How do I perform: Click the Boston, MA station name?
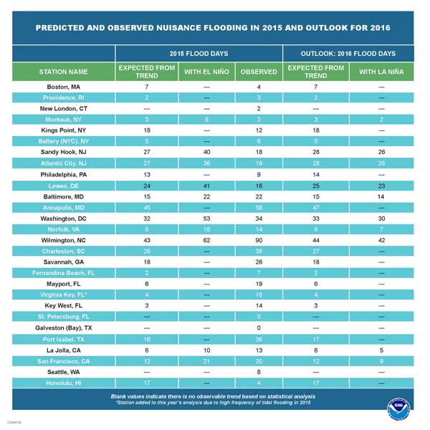[x=64, y=87]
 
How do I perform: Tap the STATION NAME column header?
[x=64, y=72]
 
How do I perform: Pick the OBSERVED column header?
[x=259, y=72]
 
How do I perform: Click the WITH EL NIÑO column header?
[x=206, y=72]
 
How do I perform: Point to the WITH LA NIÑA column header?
[x=381, y=72]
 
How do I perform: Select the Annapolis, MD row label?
[x=64, y=208]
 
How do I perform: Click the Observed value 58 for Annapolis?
[x=259, y=208]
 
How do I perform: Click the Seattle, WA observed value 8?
[x=259, y=371]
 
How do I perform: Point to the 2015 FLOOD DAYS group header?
[x=199, y=54]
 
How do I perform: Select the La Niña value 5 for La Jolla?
[x=381, y=349]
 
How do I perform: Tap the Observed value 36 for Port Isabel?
[x=259, y=338]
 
